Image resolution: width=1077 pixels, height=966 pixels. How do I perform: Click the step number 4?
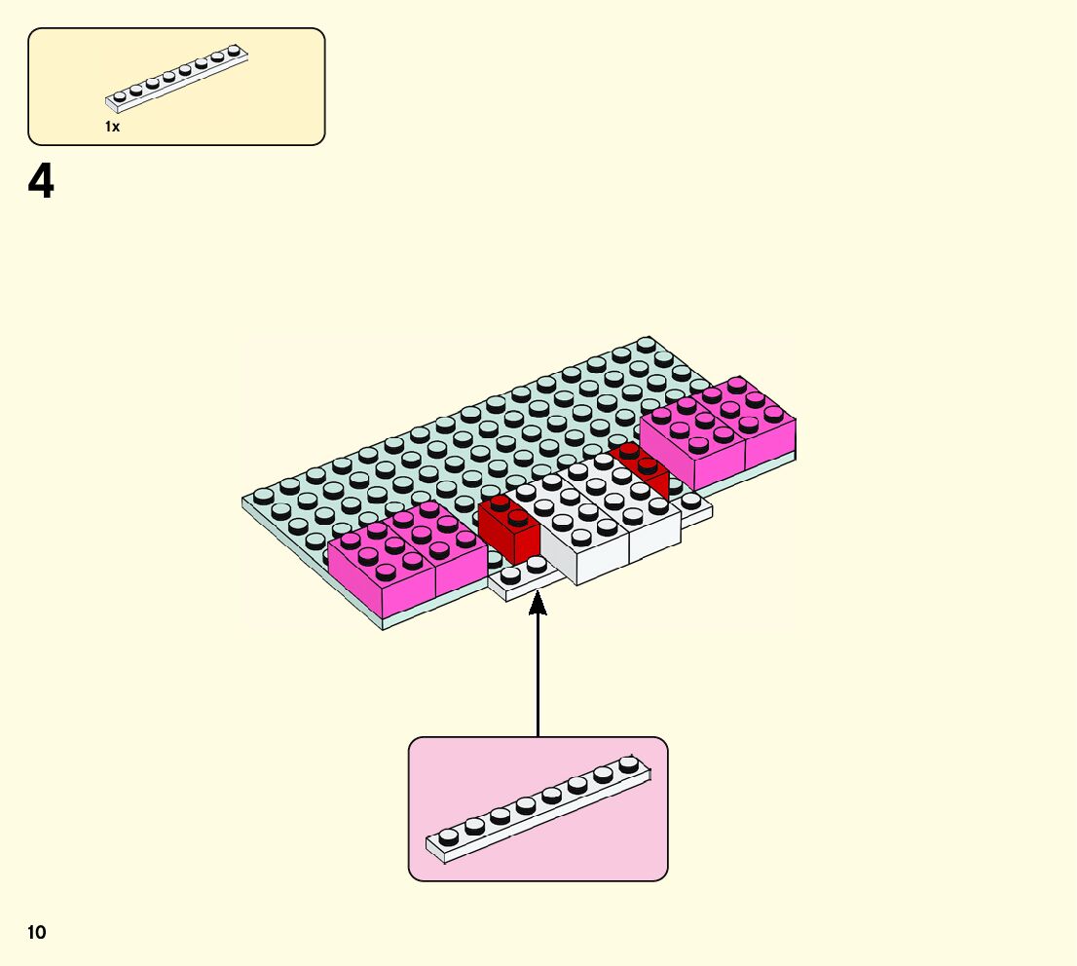(41, 182)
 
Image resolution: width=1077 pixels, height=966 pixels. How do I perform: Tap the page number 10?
(37, 933)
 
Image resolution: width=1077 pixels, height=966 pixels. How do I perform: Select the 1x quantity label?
(113, 127)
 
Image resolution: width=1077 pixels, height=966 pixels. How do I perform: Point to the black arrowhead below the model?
(538, 605)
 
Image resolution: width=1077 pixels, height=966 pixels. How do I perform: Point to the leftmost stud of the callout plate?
(448, 836)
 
